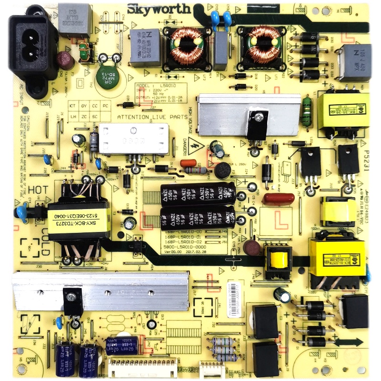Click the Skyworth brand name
tap(159, 9)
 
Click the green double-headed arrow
tap(349, 341)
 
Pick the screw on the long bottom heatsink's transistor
tap(71, 297)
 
